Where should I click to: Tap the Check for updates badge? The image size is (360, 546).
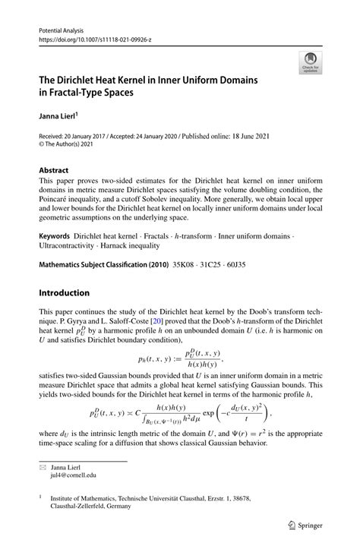(x=310, y=64)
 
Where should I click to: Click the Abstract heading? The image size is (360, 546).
(x=54, y=170)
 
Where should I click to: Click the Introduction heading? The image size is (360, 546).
(x=65, y=292)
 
